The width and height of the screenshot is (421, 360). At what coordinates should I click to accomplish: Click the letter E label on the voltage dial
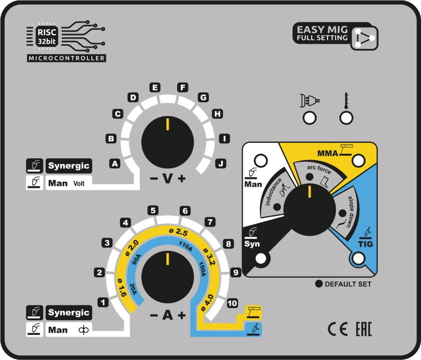coord(155,88)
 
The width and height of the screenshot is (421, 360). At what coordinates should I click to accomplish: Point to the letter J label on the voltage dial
coord(219,163)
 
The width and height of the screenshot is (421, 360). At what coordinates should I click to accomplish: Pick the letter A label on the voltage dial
coord(115,163)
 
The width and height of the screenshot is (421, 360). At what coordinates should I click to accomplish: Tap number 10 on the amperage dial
coord(231,303)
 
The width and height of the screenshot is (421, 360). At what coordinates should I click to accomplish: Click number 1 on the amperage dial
coord(103,302)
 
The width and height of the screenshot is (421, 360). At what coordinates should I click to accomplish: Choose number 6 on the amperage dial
coord(185,211)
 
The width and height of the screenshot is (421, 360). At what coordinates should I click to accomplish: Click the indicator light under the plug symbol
coord(309,118)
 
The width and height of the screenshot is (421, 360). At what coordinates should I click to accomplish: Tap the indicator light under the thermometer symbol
coord(346,118)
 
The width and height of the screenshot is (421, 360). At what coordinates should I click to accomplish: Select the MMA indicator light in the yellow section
coord(359,160)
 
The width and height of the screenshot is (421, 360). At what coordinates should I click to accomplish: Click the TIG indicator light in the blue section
coord(358,258)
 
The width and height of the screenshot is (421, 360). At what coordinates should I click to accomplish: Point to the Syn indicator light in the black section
coord(260,258)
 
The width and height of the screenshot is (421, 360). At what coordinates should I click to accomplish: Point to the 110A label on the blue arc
coord(186,244)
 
